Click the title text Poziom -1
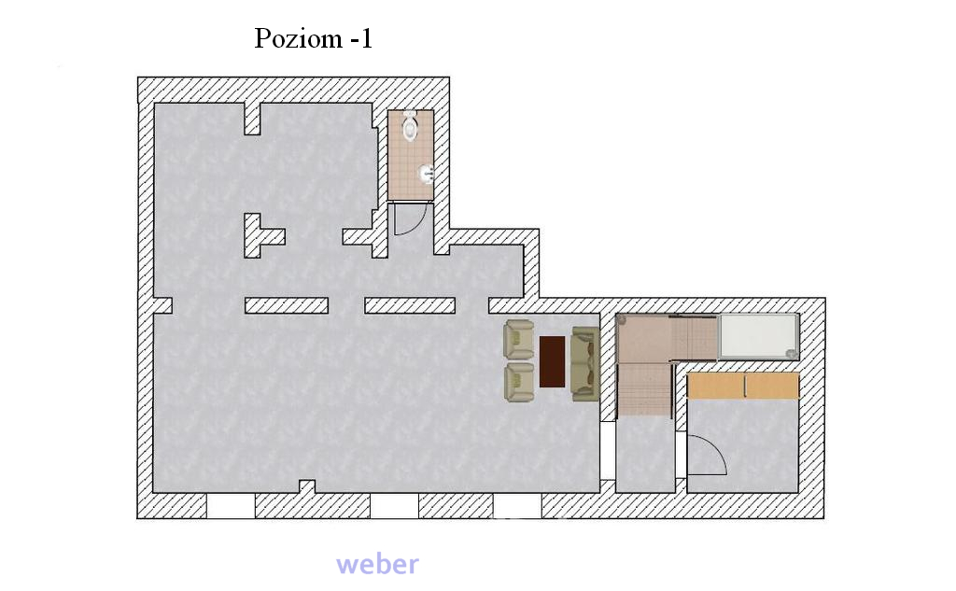click(x=313, y=38)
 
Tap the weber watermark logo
click(x=377, y=564)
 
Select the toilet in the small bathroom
click(x=411, y=126)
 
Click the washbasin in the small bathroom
click(x=426, y=175)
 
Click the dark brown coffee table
click(x=553, y=361)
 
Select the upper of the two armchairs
click(x=519, y=339)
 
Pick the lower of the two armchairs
click(x=519, y=383)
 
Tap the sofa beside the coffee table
click(x=584, y=364)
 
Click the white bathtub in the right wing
click(x=759, y=336)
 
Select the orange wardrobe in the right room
click(x=742, y=386)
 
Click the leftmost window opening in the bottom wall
click(x=232, y=506)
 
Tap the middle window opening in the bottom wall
click(x=395, y=506)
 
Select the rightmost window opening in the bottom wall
click(x=517, y=506)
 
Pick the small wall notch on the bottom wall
click(x=307, y=486)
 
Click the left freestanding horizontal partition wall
click(x=287, y=305)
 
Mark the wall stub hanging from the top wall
click(x=252, y=119)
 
